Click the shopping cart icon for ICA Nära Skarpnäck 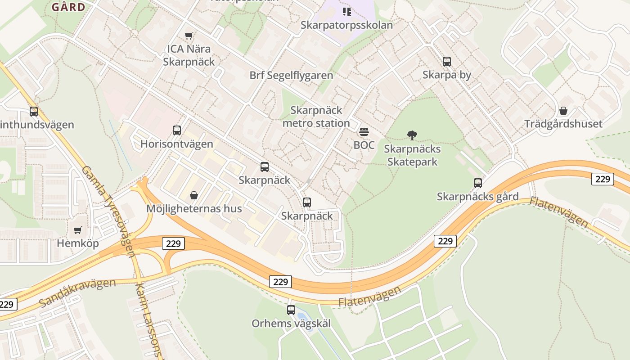tap(189, 36)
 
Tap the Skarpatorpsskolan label tap(346, 25)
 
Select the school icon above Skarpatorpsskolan tap(346, 11)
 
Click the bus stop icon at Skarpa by tap(446, 62)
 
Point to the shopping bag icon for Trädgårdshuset tap(563, 110)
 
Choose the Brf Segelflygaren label tap(291, 75)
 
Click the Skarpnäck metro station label tap(316, 117)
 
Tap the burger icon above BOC tap(364, 132)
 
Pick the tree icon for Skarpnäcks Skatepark tap(412, 135)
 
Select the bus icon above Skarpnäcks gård tap(477, 183)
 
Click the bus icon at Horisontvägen tap(177, 130)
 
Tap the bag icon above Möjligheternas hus tap(194, 195)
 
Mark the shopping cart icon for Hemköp tap(77, 230)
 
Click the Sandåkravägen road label tap(77, 292)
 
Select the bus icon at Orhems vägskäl tap(291, 310)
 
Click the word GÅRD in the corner tap(68, 7)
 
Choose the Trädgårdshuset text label tap(563, 124)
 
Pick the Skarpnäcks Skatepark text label tap(412, 155)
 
